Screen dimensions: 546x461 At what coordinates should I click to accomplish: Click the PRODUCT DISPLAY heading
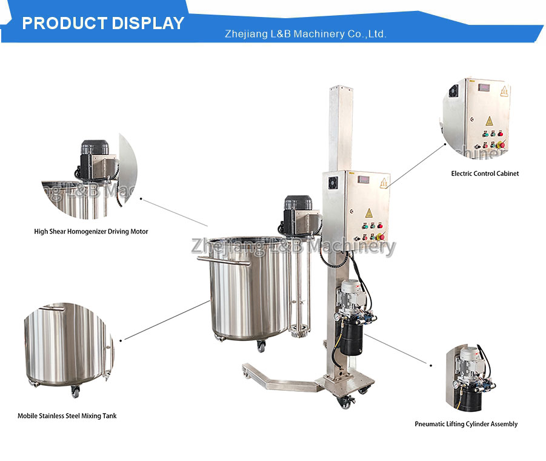(x=103, y=23)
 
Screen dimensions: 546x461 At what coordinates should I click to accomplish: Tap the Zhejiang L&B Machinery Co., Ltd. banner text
(x=305, y=34)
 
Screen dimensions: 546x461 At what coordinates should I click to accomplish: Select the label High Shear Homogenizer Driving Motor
(x=91, y=231)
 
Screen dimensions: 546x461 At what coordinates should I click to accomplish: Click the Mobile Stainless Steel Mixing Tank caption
(x=67, y=416)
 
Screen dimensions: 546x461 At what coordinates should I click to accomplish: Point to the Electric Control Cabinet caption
(x=485, y=173)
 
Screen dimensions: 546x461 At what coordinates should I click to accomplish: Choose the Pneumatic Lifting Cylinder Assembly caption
(x=466, y=424)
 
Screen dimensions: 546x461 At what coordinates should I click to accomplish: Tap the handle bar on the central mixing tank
(x=224, y=260)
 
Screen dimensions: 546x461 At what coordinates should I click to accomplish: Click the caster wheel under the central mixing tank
(x=261, y=346)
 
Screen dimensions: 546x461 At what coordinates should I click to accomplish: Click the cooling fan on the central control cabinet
(x=333, y=182)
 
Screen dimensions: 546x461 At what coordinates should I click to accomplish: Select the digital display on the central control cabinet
(x=364, y=179)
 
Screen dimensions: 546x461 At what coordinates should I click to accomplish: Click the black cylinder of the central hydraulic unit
(x=351, y=338)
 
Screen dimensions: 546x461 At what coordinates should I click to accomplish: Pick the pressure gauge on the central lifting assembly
(x=337, y=317)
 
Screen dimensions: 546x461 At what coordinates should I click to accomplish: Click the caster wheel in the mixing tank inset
(x=75, y=392)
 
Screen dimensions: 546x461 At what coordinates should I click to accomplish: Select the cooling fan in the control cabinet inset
(x=453, y=92)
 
